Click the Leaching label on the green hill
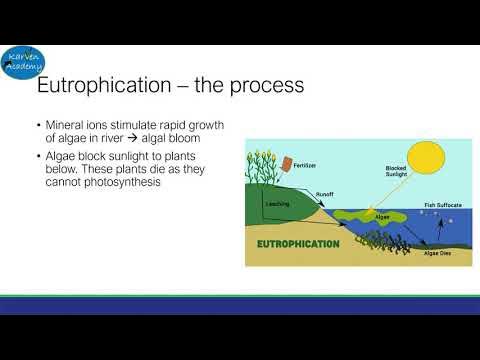[x=276, y=203]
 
